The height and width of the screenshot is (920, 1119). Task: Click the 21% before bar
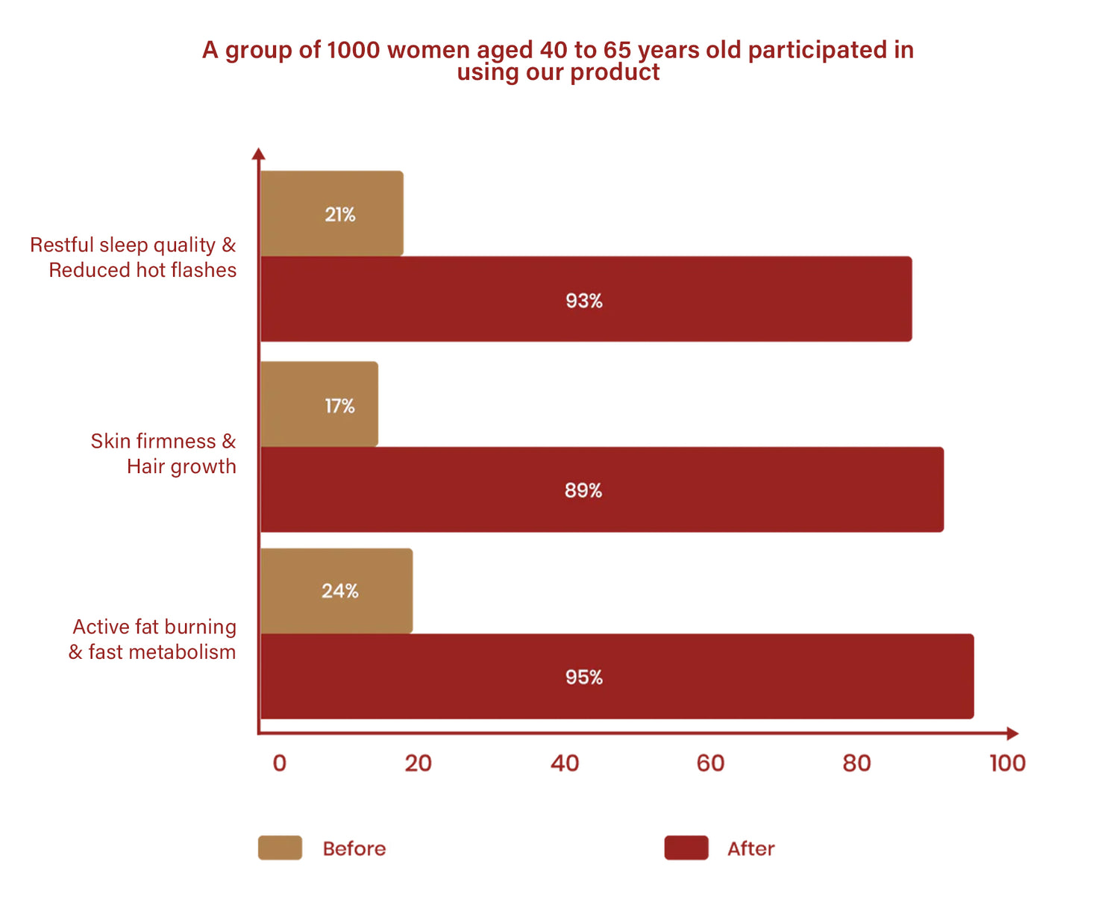[x=332, y=213]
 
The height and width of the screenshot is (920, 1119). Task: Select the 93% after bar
[x=586, y=299]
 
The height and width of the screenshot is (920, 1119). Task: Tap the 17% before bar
[x=319, y=404]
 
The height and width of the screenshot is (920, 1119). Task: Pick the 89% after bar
[x=601, y=489]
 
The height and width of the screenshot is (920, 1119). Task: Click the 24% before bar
[x=336, y=591]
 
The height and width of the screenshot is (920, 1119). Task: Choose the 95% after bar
[x=617, y=676]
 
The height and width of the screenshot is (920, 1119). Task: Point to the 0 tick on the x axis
[x=280, y=763]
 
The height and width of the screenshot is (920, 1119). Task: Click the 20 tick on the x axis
[x=419, y=763]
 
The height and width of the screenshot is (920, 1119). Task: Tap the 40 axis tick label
[x=565, y=763]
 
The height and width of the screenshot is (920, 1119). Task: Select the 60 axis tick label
[x=710, y=763]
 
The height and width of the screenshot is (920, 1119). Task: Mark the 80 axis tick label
[x=856, y=763]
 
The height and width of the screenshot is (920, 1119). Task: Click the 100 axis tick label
[x=1007, y=763]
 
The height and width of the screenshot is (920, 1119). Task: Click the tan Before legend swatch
[x=280, y=848]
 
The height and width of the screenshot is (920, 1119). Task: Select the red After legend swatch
[x=686, y=848]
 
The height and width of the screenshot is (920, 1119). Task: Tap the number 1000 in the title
[x=354, y=50]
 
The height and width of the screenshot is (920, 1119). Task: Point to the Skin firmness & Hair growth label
[x=163, y=454]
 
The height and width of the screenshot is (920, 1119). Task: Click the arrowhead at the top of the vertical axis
[x=258, y=154]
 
